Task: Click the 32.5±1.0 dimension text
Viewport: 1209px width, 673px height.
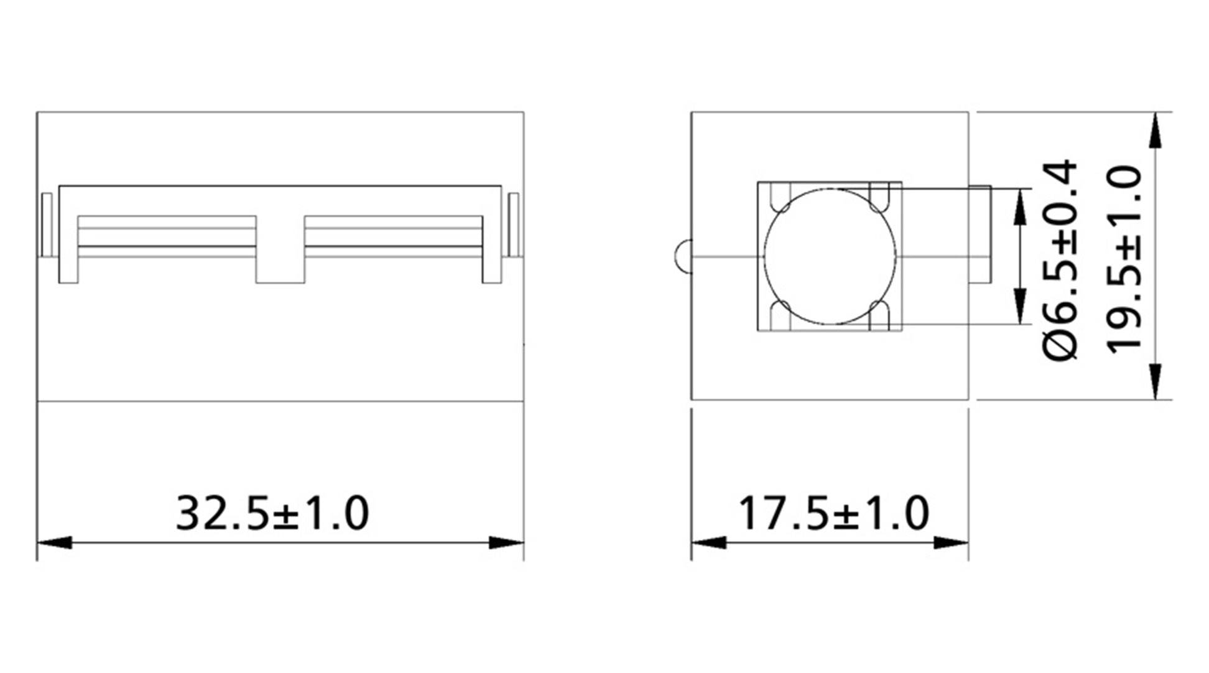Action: [x=272, y=514]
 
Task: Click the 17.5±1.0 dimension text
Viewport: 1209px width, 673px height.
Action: [x=833, y=514]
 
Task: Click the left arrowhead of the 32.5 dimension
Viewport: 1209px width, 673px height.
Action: [x=55, y=542]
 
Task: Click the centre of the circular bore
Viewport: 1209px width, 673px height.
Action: [x=830, y=256]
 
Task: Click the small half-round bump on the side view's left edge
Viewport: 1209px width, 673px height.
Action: [x=682, y=256]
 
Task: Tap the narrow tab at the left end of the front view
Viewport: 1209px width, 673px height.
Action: [x=46, y=225]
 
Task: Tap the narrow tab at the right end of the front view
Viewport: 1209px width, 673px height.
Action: [x=514, y=225]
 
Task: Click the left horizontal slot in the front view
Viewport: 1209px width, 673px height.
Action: [x=167, y=231]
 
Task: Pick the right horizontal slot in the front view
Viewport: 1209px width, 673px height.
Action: [x=394, y=231]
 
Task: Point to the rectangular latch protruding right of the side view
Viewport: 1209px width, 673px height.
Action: [x=980, y=233]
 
